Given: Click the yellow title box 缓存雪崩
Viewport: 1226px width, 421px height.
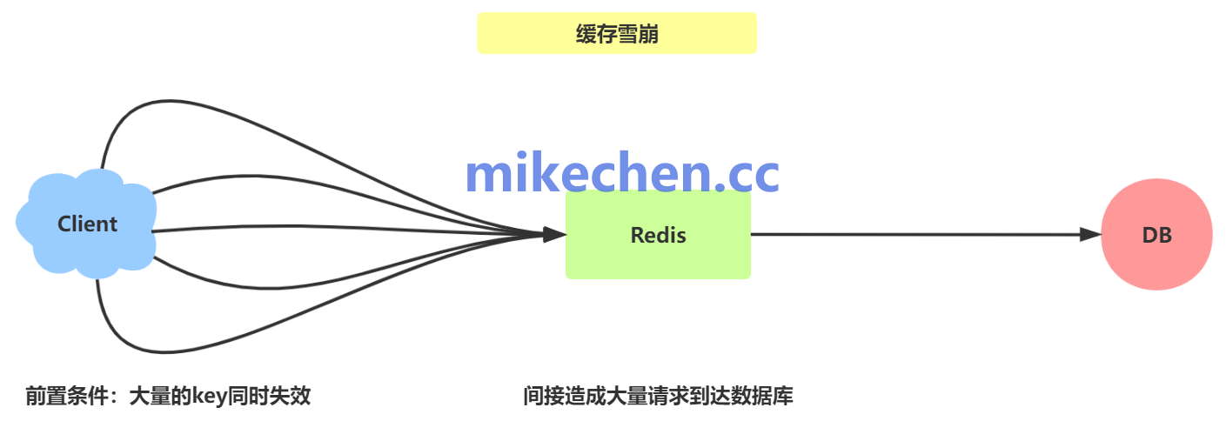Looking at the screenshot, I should [x=616, y=33].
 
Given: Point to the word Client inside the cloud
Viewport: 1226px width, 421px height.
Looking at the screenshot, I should [x=87, y=224].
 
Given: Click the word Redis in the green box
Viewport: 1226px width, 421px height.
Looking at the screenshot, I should [x=658, y=235].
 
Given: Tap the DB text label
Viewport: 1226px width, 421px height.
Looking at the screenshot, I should [x=1156, y=235].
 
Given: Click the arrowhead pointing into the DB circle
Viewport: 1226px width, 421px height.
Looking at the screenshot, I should [x=1090, y=234].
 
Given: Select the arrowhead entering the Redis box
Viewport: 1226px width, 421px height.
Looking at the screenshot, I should [x=553, y=234].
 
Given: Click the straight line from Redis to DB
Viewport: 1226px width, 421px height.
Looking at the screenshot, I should [x=914, y=234].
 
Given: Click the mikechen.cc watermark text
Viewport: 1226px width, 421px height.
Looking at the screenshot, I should [x=621, y=174].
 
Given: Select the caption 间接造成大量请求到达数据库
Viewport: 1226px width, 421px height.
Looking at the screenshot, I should [x=658, y=397].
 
